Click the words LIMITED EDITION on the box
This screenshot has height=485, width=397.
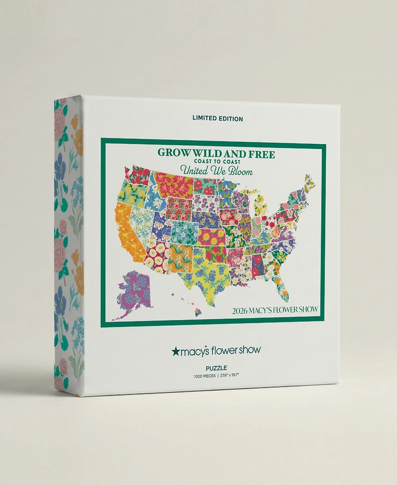[218, 119]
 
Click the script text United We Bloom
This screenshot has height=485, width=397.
[216, 172]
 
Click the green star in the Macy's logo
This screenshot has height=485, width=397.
[175, 351]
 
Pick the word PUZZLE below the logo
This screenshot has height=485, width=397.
[216, 367]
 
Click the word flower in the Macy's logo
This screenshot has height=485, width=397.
[225, 351]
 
